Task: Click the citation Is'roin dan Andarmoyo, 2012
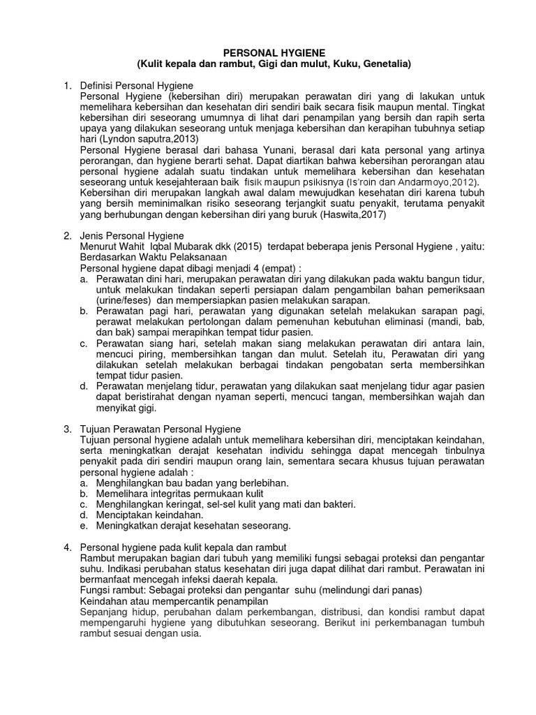[x=370, y=182]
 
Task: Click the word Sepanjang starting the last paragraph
[x=105, y=612]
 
